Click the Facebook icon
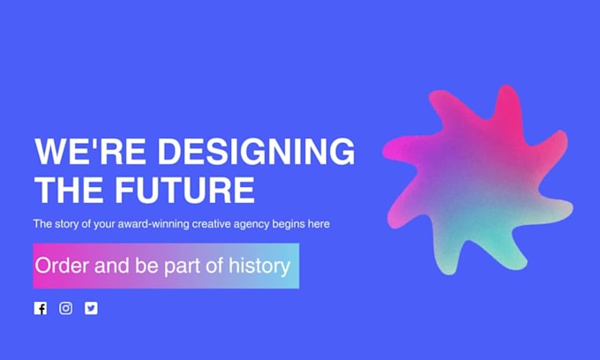pos(40,308)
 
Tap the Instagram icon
pos(65,308)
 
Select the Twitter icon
pos(91,308)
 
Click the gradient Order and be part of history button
pos(166,266)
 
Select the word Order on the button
pos(62,266)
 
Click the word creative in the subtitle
pos(208,224)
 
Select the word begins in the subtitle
pos(288,224)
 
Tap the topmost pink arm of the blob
pos(506,104)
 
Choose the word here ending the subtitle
pos(319,224)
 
